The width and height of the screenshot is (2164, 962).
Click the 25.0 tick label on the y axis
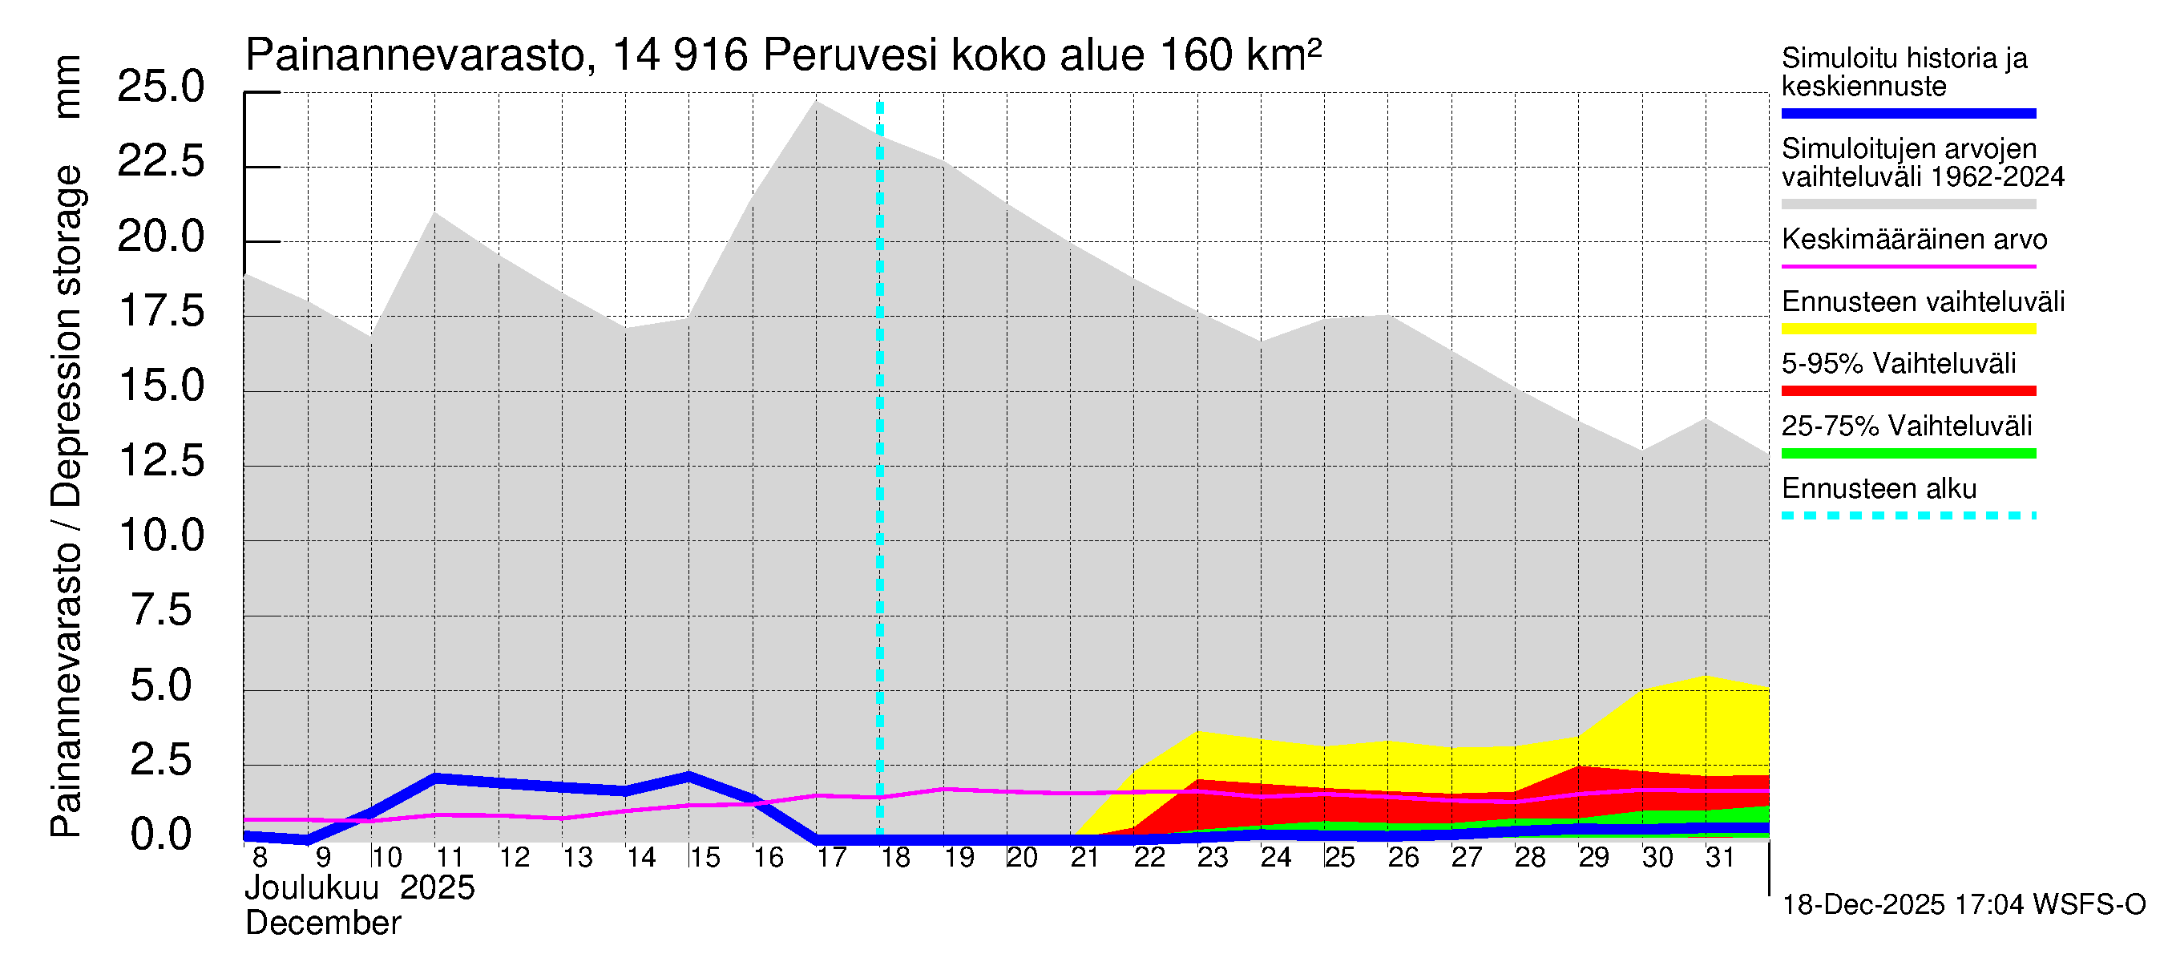pos(160,87)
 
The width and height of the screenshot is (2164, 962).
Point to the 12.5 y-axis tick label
pos(160,461)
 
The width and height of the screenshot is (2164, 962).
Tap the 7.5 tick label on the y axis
pos(160,611)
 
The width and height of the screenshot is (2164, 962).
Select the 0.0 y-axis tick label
pos(160,835)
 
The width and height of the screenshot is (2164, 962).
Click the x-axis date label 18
pos(895,858)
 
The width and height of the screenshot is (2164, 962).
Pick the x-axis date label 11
pos(450,858)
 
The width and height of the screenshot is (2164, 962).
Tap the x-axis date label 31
pos(1720,858)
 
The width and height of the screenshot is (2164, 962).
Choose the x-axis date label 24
pos(1275,858)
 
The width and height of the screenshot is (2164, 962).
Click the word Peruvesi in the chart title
pos(850,55)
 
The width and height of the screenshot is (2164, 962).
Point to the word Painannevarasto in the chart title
pos(415,55)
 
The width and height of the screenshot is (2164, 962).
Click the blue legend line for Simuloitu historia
pos(1908,113)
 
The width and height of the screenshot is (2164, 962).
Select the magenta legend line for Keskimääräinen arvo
pos(1908,266)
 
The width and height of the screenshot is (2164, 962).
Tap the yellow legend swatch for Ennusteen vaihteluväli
pos(1908,329)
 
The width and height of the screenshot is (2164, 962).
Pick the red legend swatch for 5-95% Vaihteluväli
pos(1908,390)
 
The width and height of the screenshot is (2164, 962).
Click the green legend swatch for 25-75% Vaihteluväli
pos(1908,454)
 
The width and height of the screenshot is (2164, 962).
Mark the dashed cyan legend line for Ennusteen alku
pos(1908,515)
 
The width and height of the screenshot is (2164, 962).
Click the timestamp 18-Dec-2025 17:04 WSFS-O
pos(1963,905)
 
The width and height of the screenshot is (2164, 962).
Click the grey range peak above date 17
pos(816,103)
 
